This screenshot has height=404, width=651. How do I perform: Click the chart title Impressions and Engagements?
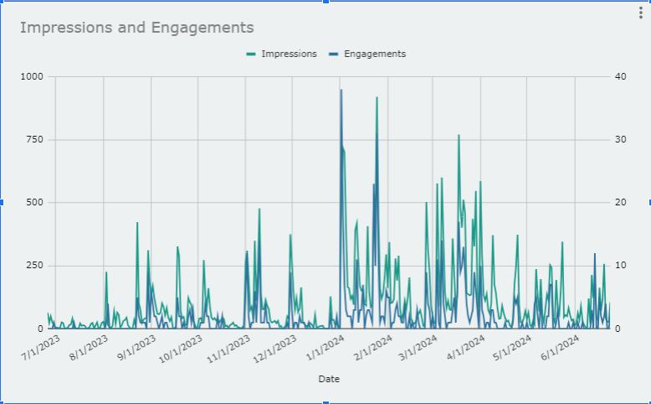[x=136, y=28]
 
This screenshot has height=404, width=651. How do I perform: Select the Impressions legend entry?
[x=282, y=54]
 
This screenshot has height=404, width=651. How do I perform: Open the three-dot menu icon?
[x=640, y=12]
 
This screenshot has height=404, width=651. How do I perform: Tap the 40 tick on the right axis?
[x=620, y=76]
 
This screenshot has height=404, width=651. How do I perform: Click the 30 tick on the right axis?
[x=620, y=139]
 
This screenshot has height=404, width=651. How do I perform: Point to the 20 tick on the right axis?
[x=620, y=202]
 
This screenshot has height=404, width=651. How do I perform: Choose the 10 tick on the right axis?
[x=620, y=265]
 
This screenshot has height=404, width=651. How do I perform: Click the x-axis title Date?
[x=329, y=379]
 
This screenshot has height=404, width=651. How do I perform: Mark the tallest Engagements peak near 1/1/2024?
[x=341, y=91]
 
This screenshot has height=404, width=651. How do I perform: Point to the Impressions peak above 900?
[x=377, y=98]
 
